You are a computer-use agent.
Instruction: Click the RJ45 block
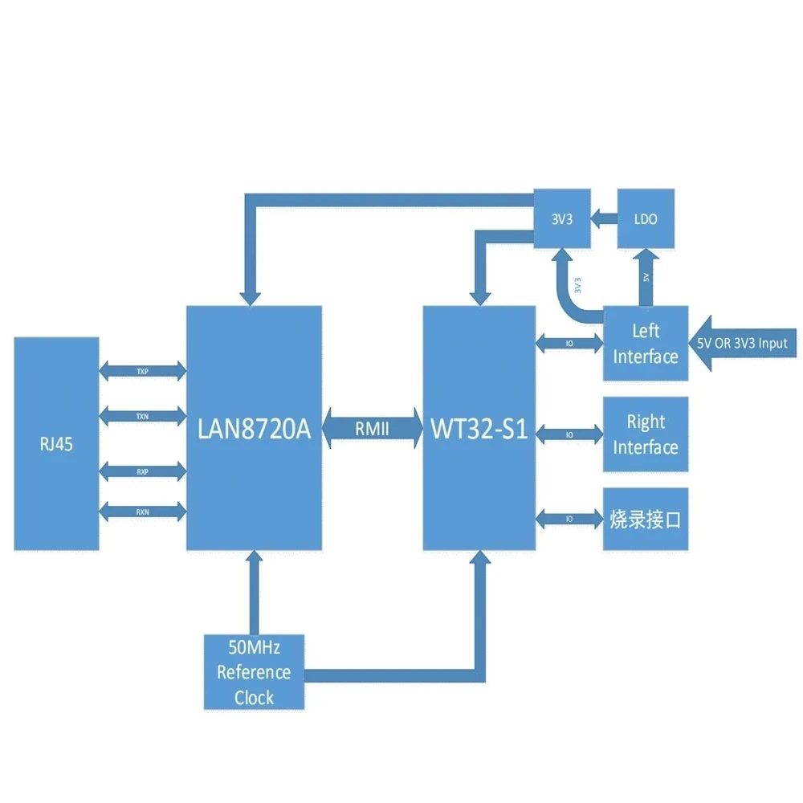[x=56, y=443]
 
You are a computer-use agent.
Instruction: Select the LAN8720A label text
[x=254, y=429]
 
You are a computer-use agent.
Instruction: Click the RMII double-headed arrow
[x=373, y=429]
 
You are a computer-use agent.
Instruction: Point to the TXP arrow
[x=142, y=371]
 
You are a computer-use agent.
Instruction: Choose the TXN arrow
[x=142, y=416]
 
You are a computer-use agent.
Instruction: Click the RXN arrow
[x=142, y=512]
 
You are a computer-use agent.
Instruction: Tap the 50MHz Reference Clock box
[x=254, y=672]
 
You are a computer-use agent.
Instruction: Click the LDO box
[x=646, y=218]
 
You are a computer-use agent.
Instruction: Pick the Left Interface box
[x=646, y=343]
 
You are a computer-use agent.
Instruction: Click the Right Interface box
[x=646, y=434]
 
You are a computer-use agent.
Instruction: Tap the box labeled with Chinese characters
[x=646, y=519]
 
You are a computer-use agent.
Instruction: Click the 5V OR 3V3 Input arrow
[x=744, y=343]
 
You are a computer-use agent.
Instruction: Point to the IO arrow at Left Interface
[x=569, y=343]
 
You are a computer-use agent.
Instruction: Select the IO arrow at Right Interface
[x=569, y=434]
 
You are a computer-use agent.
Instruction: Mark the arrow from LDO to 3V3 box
[x=604, y=217]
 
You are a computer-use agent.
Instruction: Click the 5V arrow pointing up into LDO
[x=646, y=277]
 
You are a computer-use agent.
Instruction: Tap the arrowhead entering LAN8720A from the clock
[x=254, y=560]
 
